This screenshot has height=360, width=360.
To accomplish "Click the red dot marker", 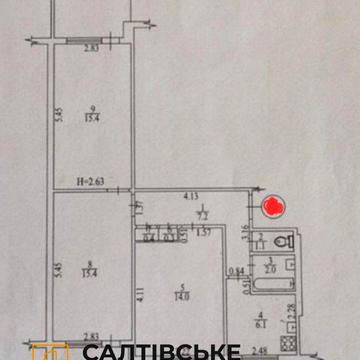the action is [x=272, y=207].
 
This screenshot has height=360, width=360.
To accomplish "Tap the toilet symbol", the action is [x=279, y=241].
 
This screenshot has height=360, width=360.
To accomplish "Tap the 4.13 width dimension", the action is [x=189, y=198].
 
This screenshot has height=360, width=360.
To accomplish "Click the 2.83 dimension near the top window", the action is [x=91, y=49].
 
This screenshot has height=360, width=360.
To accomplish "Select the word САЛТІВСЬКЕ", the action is [x=159, y=351].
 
